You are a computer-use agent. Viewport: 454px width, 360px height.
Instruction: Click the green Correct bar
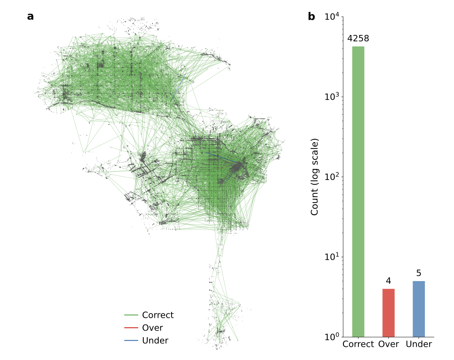[x=358, y=192]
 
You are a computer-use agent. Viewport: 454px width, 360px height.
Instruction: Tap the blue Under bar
[x=419, y=309]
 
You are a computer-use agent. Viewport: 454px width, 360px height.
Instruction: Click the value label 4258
[x=358, y=39]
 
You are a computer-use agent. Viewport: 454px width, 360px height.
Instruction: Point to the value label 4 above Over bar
[x=388, y=281]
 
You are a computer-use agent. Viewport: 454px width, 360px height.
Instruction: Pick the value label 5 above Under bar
[x=419, y=273]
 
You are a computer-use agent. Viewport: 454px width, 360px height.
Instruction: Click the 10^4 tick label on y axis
[x=332, y=17]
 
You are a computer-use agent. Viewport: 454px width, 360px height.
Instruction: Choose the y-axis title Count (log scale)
[x=314, y=177]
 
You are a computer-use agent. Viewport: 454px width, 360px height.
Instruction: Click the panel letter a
[x=30, y=17]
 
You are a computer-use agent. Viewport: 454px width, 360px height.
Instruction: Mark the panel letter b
[x=311, y=17]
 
